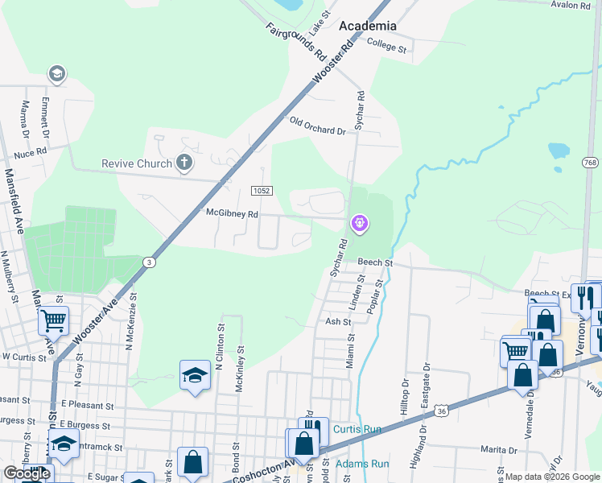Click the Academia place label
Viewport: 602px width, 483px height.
tap(367, 26)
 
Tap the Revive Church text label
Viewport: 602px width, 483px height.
tap(137, 163)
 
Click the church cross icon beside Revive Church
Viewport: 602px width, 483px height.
tap(183, 163)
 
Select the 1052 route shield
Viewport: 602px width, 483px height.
tap(262, 191)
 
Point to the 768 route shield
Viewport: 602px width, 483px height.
tap(591, 163)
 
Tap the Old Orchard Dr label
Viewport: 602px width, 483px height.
tap(317, 126)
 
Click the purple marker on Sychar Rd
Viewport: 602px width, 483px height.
tap(359, 222)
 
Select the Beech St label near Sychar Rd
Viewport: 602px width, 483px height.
tap(375, 262)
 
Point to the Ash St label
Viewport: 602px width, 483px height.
tap(338, 321)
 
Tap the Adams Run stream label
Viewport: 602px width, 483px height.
tap(361, 464)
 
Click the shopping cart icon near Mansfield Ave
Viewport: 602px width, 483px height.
tap(53, 321)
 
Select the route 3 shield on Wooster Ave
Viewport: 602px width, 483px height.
tap(148, 262)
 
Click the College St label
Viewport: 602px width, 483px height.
tap(386, 47)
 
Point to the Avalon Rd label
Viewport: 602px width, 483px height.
tap(571, 5)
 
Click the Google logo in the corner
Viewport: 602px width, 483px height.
tap(27, 473)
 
